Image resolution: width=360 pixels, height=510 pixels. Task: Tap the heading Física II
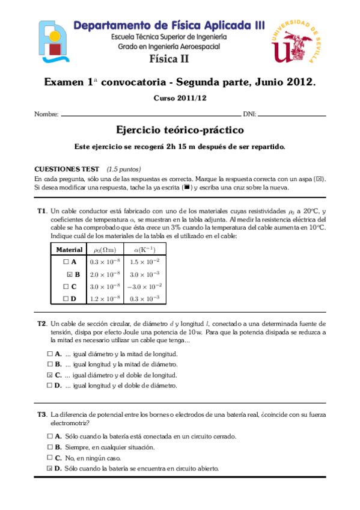pos(169,58)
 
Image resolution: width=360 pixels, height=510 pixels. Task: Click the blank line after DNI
pos(292,114)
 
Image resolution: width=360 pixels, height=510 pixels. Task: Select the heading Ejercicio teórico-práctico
pos(180,130)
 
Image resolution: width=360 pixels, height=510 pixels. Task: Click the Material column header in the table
pos(69,250)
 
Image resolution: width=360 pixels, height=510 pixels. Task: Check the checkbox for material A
pos(66,262)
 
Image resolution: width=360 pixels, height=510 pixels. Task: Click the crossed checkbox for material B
pos(70,274)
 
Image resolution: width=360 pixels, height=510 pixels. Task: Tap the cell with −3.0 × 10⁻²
pos(145,286)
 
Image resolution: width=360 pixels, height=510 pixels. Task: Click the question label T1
pos(41,211)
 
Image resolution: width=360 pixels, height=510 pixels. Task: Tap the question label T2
pos(41,324)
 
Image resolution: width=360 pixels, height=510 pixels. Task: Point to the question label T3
pos(41,414)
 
